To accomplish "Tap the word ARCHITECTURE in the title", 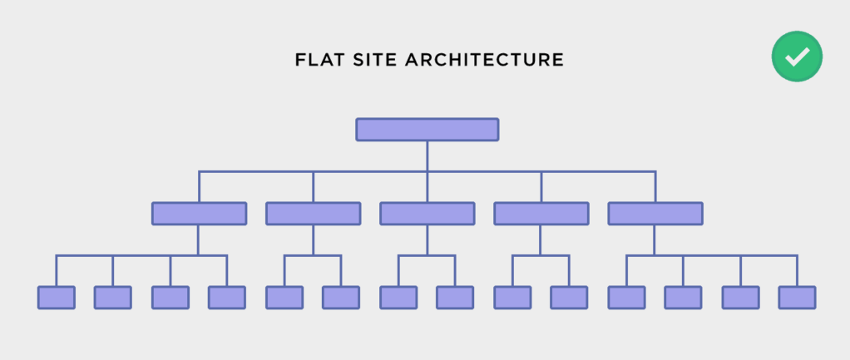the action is (x=485, y=60).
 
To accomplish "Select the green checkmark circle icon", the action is (x=797, y=57).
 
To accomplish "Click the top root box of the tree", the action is (x=427, y=130).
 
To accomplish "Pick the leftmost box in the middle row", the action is (x=200, y=214).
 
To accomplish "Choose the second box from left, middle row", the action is (x=314, y=214).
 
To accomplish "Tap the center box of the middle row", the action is (x=427, y=214).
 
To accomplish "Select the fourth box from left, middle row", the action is (x=541, y=214).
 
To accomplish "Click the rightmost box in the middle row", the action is (x=655, y=214).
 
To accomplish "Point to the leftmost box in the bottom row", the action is (x=57, y=298).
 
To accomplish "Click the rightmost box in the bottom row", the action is (x=797, y=298).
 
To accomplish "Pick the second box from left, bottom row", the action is (x=113, y=298).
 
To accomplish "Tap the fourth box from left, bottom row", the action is (x=226, y=298).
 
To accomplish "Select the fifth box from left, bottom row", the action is (x=284, y=298).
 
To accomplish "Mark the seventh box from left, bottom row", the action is (x=398, y=298).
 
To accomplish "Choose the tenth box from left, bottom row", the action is (x=569, y=298).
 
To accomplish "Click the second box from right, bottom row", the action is (x=740, y=298).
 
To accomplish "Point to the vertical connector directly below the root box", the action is (x=427, y=156).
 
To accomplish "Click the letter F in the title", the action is (x=299, y=60).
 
